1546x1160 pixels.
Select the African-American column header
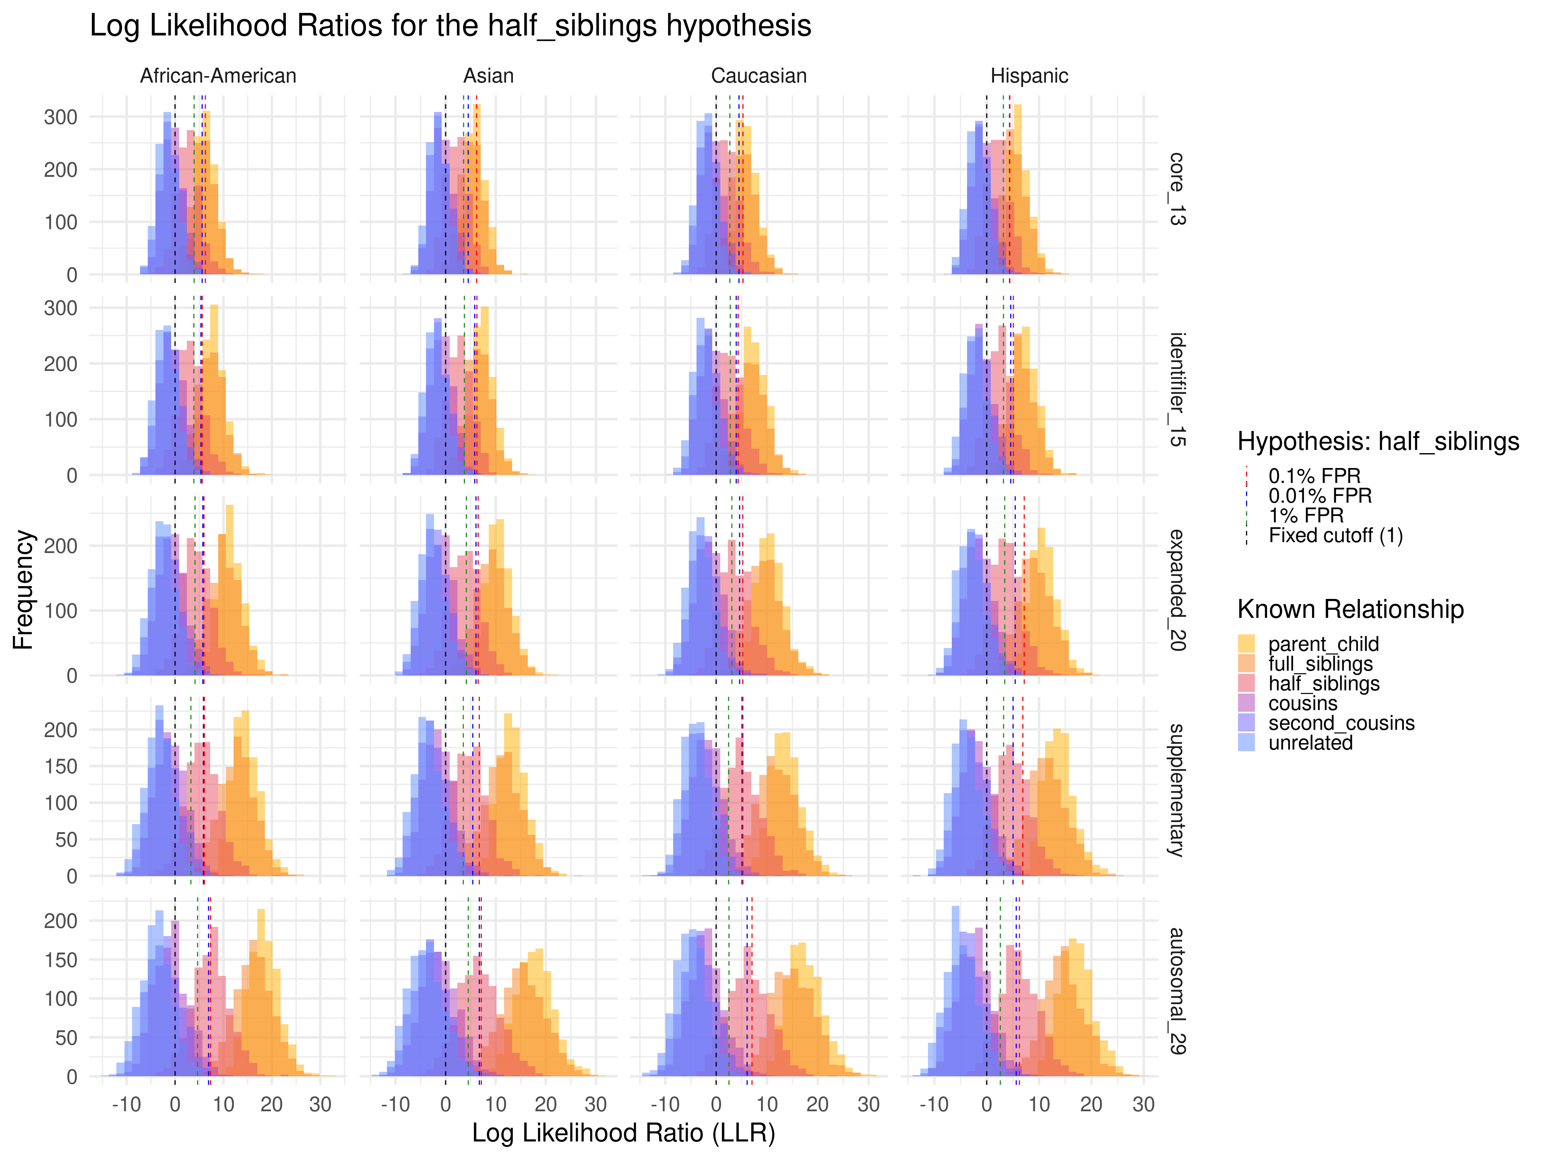coord(218,75)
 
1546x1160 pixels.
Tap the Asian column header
coord(488,75)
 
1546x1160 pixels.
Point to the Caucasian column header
coord(759,75)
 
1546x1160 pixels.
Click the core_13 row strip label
coord(1177,189)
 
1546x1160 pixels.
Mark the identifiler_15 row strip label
coord(1177,389)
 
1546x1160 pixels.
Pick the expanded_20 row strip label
coord(1177,589)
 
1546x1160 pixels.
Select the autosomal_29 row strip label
coord(1177,991)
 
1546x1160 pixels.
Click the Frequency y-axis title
coord(23,589)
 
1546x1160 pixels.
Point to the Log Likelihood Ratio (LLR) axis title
coord(623,1133)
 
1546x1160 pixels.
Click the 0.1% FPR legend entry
coord(1314,476)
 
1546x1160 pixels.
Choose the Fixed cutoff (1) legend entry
coord(1335,536)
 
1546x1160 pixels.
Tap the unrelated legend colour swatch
coord(1246,743)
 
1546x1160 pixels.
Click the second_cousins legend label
coord(1341,723)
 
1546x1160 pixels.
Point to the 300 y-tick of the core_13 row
coord(61,117)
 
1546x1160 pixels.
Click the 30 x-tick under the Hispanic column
coord(1143,1105)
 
